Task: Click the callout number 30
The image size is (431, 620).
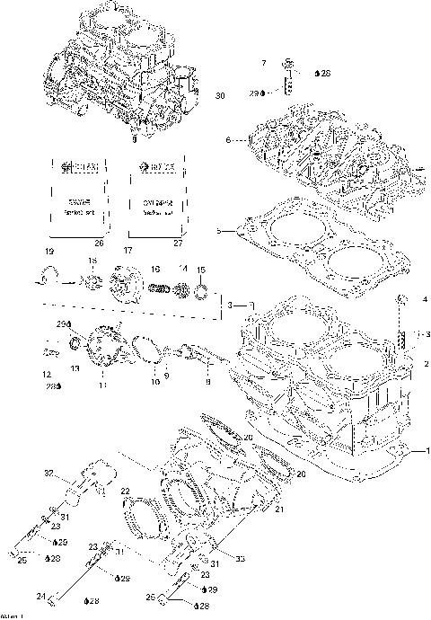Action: (221, 95)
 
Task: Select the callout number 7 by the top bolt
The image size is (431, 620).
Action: (264, 63)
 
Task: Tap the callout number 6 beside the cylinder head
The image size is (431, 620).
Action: (228, 140)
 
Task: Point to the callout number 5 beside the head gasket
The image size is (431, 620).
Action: (219, 232)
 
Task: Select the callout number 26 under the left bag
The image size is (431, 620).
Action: (99, 243)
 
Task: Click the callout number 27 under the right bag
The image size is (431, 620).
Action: (177, 243)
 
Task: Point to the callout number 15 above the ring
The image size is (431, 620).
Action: (201, 270)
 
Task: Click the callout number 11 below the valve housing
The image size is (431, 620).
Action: (101, 385)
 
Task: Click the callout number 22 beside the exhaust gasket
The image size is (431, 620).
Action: (126, 492)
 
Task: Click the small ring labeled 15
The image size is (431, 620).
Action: (202, 289)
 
